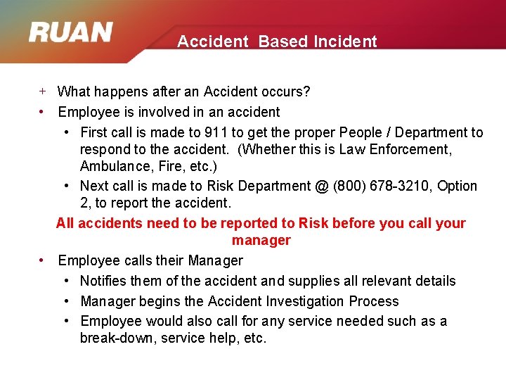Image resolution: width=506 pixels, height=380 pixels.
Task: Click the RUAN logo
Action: coord(71,33)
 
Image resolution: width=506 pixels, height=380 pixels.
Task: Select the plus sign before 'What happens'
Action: coord(43,91)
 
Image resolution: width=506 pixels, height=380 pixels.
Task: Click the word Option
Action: coord(457,186)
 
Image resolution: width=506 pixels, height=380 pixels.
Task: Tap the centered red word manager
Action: coord(261,240)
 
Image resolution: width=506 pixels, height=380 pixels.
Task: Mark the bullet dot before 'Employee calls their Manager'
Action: coord(43,260)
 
